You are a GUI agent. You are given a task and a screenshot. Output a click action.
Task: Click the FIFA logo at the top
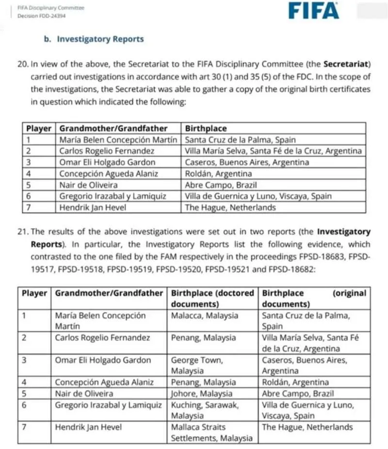pos(313,10)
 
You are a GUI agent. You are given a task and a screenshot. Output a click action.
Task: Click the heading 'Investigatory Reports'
pos(100,39)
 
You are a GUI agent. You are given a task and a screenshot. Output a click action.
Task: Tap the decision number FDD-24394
pos(42,16)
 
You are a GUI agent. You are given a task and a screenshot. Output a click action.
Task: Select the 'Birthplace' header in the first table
pos(206,128)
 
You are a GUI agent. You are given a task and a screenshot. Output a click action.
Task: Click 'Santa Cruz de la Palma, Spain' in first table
pos(241,139)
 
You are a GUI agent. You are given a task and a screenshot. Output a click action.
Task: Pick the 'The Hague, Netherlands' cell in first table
pos(230,207)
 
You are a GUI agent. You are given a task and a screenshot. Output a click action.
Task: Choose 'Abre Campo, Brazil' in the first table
pos(221,185)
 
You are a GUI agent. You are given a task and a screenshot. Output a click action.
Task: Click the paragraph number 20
pos(22,64)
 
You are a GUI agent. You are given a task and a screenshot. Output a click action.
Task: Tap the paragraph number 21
pos(22,232)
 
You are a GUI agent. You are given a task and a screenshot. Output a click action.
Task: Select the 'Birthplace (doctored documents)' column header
pos(212,298)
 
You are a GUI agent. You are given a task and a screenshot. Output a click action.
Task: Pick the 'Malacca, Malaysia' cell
pos(205,315)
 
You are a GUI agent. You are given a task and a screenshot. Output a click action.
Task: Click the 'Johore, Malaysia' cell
pos(202,393)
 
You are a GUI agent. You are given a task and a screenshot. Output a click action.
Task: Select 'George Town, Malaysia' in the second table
pos(197,365)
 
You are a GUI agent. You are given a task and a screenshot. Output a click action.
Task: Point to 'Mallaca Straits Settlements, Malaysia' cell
pos(211,433)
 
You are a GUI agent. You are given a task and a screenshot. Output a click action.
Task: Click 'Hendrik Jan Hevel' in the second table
pos(88,427)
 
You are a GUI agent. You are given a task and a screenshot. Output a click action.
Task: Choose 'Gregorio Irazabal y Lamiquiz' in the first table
pos(113,196)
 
